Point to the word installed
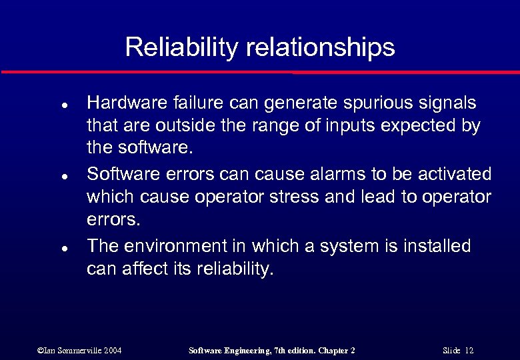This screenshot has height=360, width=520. click(x=436, y=246)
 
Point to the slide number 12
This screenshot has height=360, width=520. click(x=458, y=350)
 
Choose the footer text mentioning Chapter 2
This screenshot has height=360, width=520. click(x=272, y=350)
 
